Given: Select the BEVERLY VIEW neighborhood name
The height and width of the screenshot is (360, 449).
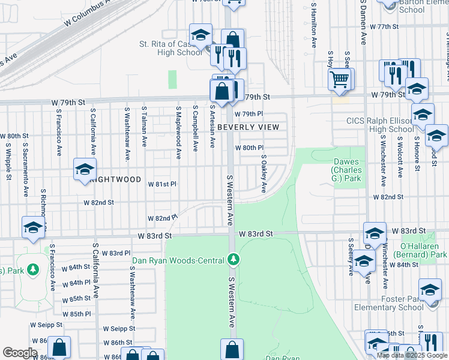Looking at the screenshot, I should click(x=248, y=127).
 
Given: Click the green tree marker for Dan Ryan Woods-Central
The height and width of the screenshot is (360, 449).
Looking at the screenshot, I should click(x=234, y=260).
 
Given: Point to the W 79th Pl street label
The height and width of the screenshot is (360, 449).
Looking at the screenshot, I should click(x=249, y=114).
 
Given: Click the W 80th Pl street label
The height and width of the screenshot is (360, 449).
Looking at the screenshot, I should click(x=249, y=148).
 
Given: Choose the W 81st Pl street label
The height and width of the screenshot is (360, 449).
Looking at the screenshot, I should click(x=163, y=184).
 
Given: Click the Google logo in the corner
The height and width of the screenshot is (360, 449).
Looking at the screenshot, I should click(x=20, y=353).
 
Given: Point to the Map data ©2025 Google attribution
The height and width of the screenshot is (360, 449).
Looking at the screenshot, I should click(x=412, y=355).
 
